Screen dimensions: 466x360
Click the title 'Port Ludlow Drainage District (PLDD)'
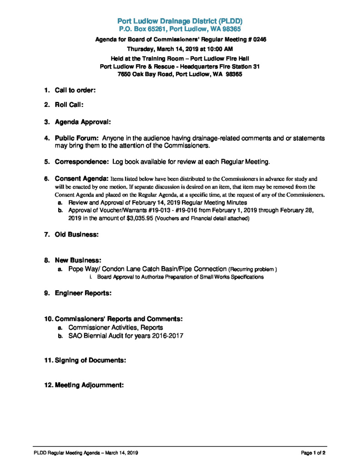point(180,21)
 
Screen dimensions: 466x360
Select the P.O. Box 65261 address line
point(180,29)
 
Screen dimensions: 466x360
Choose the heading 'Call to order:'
point(75,91)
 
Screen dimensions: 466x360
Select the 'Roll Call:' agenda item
point(69,105)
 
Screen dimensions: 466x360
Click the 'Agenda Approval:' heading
point(83,122)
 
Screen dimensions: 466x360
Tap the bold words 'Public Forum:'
point(77,138)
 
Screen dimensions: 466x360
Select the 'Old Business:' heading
point(77,235)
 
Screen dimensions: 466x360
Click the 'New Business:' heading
point(78,261)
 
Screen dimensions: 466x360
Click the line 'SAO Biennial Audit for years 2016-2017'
point(126,336)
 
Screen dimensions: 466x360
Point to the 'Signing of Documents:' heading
point(90,360)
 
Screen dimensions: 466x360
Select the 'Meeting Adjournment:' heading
point(89,385)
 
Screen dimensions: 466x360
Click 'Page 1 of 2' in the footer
point(313,453)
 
